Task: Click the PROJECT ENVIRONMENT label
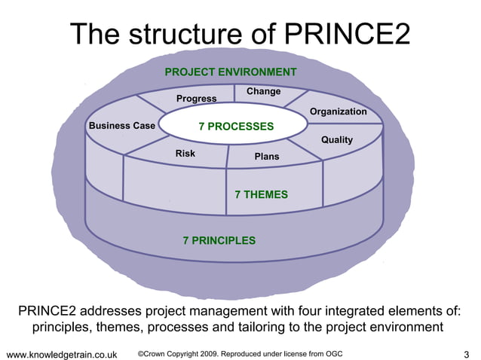tap(230, 72)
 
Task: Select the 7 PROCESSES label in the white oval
tap(236, 127)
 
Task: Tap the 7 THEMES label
tap(261, 194)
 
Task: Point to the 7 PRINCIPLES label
tap(219, 241)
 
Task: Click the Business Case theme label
tap(121, 126)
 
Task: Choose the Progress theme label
tap(196, 99)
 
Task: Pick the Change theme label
tap(263, 92)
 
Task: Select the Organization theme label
tap(338, 111)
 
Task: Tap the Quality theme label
tap(336, 140)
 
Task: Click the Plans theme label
tap(266, 157)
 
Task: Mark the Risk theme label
tap(185, 154)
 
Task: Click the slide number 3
tap(467, 354)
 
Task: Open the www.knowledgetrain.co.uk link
tap(61, 354)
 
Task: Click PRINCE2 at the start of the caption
tap(48, 311)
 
